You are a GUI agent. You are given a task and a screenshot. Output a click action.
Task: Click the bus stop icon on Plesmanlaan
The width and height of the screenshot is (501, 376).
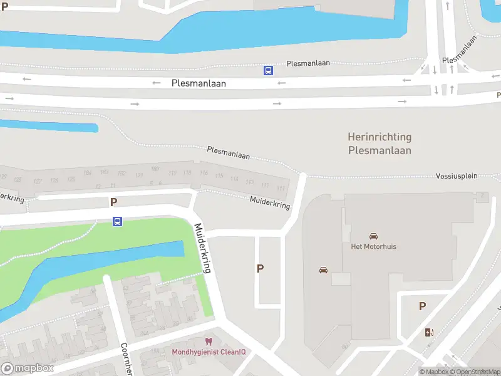pyautogui.click(x=268, y=71)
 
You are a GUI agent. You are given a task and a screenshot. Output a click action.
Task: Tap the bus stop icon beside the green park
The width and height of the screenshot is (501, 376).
pyautogui.click(x=117, y=221)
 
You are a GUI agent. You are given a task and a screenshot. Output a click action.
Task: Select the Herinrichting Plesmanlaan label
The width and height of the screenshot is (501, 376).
pyautogui.click(x=380, y=144)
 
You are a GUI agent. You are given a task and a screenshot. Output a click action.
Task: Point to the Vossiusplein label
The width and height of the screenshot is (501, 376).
pyautogui.click(x=457, y=176)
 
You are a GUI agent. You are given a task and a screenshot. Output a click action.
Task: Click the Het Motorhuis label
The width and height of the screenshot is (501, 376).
pyautogui.click(x=373, y=246)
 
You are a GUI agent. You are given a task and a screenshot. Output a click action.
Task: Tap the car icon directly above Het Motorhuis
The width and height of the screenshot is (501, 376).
pyautogui.click(x=373, y=236)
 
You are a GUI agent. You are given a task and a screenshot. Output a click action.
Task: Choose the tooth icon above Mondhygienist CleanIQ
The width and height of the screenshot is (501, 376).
pyautogui.click(x=209, y=342)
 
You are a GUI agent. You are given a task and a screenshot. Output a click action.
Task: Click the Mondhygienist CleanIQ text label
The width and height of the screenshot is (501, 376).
pyautogui.click(x=209, y=352)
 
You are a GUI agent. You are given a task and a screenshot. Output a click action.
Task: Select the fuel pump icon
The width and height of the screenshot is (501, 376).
pyautogui.click(x=429, y=332)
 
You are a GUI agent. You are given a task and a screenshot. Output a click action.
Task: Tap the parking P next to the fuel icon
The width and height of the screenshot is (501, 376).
pyautogui.click(x=422, y=306)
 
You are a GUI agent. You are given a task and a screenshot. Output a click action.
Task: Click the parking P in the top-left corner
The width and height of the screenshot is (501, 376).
pyautogui.click(x=5, y=6)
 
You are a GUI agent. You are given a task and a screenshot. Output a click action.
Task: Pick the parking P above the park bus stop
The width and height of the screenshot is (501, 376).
pyautogui.click(x=113, y=202)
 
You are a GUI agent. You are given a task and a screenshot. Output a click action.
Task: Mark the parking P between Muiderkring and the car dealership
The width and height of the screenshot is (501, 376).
pyautogui.click(x=260, y=268)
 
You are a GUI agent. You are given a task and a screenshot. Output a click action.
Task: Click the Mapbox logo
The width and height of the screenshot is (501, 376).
pyautogui.click(x=26, y=368)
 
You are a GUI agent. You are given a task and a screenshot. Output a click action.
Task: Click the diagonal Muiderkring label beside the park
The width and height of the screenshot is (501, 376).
pyautogui.click(x=204, y=248)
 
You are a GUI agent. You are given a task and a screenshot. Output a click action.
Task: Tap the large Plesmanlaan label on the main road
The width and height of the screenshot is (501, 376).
pyautogui.click(x=198, y=83)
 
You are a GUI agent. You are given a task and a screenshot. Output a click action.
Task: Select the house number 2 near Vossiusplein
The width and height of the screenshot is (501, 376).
pyautogui.click(x=481, y=196)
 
